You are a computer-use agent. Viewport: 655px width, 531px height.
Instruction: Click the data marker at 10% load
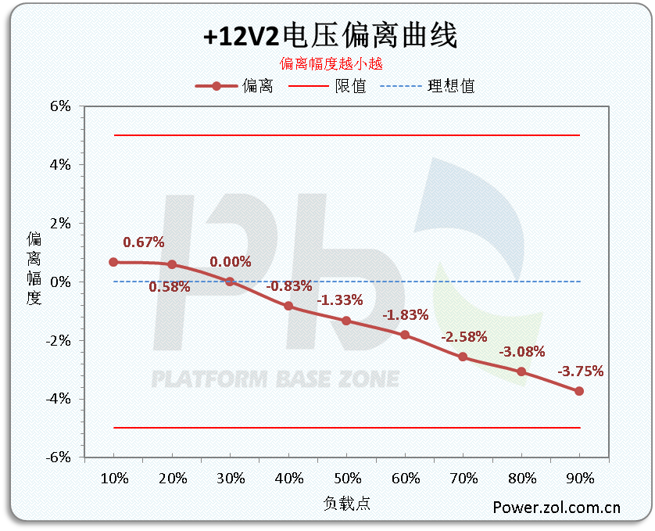114,262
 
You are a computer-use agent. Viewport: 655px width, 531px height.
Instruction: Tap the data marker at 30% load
230,282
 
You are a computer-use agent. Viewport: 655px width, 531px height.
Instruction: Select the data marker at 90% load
579,391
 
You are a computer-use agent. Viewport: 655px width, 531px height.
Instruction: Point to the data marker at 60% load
405,335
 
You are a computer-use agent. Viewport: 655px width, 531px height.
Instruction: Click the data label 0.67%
143,242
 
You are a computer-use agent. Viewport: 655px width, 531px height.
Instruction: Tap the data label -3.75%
580,371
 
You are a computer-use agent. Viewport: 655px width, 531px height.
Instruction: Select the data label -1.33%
340,300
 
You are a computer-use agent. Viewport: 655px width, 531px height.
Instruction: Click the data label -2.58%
464,337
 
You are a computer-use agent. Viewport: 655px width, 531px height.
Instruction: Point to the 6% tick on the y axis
60,106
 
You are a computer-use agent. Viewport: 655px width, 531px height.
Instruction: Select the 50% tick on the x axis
347,478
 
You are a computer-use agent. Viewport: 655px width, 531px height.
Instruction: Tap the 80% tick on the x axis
521,478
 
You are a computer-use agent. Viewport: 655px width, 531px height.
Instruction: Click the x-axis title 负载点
347,504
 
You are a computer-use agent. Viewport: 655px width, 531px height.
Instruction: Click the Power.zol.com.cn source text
557,507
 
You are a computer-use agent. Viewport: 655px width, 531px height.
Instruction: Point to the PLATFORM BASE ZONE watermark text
274,380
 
